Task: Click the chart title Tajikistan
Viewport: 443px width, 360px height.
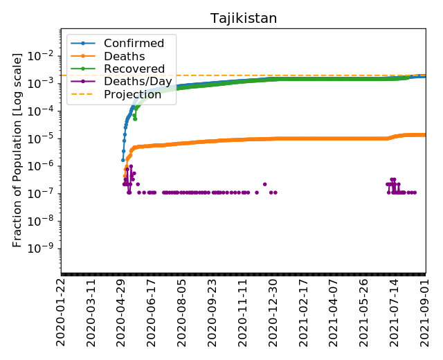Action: tap(244, 18)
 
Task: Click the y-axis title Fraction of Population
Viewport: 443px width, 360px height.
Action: tap(18, 149)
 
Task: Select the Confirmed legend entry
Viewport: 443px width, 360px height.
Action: tap(134, 44)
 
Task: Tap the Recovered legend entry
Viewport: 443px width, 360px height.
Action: tap(134, 69)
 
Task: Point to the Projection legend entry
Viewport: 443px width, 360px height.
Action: tap(133, 95)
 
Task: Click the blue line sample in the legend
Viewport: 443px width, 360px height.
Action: tap(82, 44)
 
